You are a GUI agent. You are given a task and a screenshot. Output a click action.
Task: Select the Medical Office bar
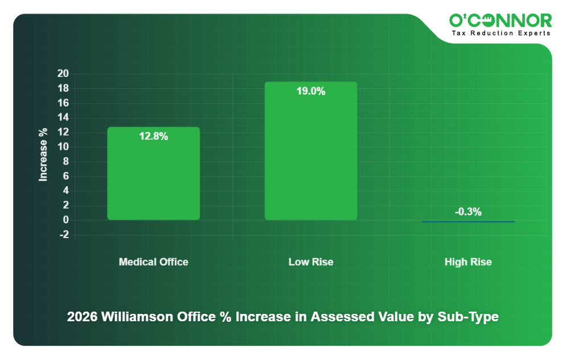(x=153, y=173)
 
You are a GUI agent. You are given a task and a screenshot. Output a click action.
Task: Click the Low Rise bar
(x=310, y=151)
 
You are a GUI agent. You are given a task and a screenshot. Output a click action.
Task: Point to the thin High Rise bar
(x=468, y=222)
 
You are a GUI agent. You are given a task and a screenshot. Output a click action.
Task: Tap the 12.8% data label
(x=153, y=137)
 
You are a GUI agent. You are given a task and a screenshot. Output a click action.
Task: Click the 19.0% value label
(x=310, y=91)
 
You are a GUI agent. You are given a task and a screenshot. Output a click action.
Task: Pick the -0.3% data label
(x=468, y=212)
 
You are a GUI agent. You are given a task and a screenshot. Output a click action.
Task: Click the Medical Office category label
(x=153, y=262)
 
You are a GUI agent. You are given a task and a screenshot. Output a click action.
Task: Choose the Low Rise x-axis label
(x=310, y=262)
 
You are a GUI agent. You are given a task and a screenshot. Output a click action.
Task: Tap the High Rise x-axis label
(x=468, y=262)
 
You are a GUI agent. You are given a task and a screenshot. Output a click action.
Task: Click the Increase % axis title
(x=43, y=154)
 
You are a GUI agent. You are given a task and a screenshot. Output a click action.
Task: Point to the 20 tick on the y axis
(x=63, y=73)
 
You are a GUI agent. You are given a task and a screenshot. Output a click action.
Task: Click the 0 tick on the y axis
(x=65, y=220)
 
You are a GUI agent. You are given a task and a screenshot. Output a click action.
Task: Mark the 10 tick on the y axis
(x=63, y=147)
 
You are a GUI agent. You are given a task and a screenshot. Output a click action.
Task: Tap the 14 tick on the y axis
(x=63, y=117)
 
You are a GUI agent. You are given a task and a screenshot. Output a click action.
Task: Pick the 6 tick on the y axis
(x=65, y=176)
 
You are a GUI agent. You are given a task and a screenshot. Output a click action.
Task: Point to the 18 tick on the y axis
(x=63, y=88)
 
